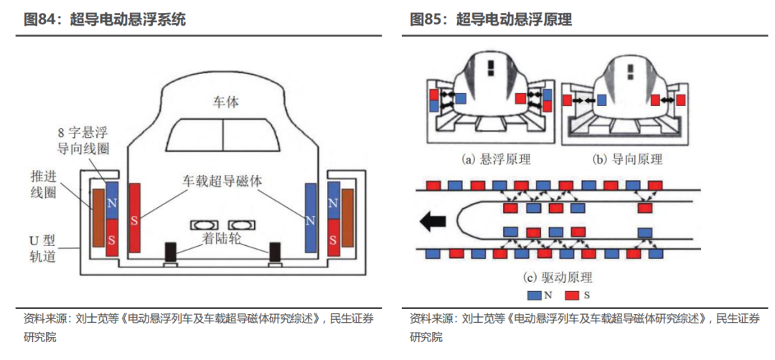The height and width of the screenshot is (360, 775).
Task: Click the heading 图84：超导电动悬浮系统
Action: (x=105, y=20)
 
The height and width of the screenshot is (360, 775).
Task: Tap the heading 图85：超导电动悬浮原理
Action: (x=491, y=20)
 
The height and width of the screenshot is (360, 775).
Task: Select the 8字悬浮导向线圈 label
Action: (x=83, y=141)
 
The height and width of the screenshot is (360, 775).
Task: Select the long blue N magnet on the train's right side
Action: (x=311, y=217)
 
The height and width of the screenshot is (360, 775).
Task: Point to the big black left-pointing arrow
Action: (x=433, y=222)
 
